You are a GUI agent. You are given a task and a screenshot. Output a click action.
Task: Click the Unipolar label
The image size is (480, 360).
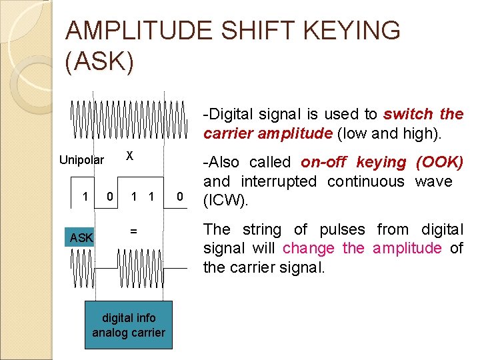click(82, 159)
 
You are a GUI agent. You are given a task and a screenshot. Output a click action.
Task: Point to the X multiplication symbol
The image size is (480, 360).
click(131, 155)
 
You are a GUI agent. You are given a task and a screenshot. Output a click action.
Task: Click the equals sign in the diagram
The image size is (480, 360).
click(133, 231)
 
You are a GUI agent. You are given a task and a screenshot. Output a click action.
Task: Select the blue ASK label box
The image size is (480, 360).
click(82, 237)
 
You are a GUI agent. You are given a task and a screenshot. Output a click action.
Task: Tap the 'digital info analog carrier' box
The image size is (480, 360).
click(129, 325)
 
